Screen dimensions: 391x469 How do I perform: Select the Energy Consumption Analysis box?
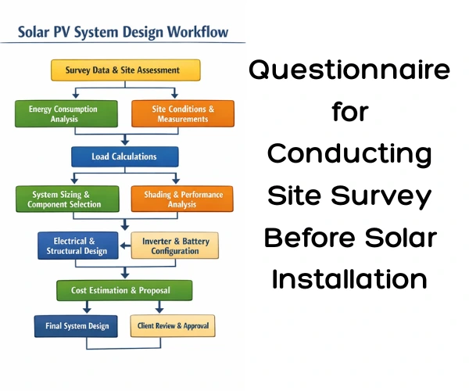(x=63, y=114)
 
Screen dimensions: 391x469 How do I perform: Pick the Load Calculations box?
(x=124, y=156)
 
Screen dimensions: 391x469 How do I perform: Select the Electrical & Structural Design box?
(x=77, y=246)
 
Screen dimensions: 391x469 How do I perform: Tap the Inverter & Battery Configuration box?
(x=175, y=246)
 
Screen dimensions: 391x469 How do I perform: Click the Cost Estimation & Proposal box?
(x=124, y=290)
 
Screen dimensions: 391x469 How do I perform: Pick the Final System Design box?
(x=71, y=325)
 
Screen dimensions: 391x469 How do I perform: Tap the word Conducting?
(x=349, y=154)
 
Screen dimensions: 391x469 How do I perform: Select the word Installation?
(x=349, y=278)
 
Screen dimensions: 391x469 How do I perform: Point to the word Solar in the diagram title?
(x=34, y=33)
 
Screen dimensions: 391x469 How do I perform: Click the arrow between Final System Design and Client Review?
(x=119, y=325)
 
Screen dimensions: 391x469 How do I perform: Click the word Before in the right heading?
(x=311, y=237)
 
